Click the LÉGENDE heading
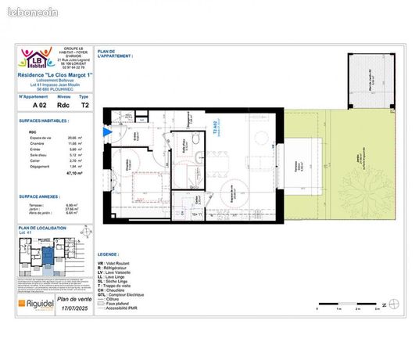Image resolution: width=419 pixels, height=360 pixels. pos(109,254)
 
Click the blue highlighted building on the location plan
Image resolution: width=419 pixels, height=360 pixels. pos(48,254)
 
